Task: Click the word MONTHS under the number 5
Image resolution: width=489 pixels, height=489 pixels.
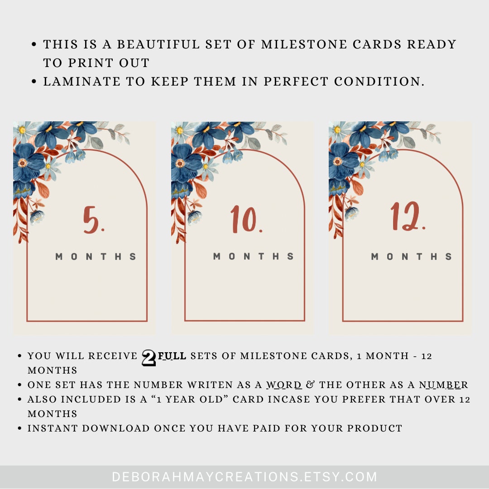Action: click(96, 257)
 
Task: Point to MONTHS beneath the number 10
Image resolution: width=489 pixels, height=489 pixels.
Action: click(254, 257)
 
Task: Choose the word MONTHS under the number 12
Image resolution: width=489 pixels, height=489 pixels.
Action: click(412, 257)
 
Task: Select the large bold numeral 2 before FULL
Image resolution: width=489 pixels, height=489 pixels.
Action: click(149, 358)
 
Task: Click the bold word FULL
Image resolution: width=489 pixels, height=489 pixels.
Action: click(172, 356)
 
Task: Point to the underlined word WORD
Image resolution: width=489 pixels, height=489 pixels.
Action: click(284, 385)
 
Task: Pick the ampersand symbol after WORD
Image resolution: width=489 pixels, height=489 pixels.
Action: click(310, 385)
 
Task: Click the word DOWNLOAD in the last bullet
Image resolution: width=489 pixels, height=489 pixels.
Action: click(116, 428)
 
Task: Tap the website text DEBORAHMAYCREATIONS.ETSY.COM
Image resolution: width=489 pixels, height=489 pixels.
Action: click(244, 477)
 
